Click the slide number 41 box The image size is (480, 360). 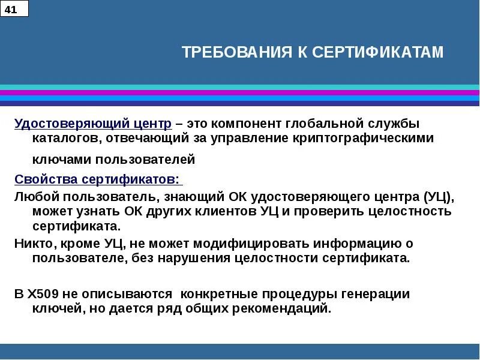14,9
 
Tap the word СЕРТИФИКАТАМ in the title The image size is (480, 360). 378,53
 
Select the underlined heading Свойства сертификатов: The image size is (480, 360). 97,179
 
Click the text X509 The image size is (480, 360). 43,295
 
